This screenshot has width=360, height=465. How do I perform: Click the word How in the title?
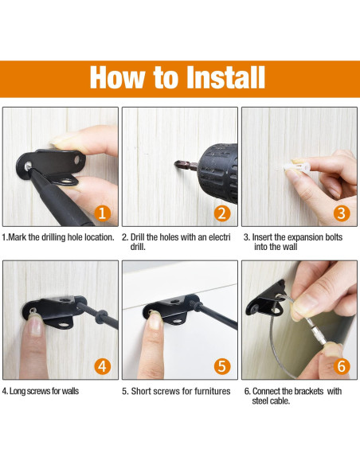pyautogui.click(x=116, y=77)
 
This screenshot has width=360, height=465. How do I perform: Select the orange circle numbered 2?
pyautogui.click(x=222, y=213)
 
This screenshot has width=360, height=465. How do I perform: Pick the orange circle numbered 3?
pyautogui.click(x=341, y=213)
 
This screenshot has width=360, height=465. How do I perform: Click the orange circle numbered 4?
pyautogui.click(x=102, y=366)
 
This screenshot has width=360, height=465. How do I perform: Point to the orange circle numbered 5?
pyautogui.click(x=221, y=366)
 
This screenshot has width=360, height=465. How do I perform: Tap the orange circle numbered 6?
pyautogui.click(x=341, y=366)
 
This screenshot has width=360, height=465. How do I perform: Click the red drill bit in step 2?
pyautogui.click(x=184, y=165)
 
